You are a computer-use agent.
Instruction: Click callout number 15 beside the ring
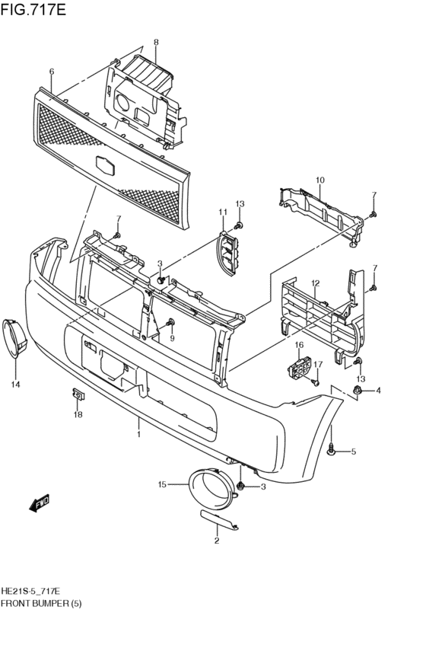162,484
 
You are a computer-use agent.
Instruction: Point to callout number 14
15,385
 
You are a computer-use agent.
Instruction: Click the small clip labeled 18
78,394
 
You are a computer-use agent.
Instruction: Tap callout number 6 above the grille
52,72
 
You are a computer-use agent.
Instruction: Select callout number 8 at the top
156,42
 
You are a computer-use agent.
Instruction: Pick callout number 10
320,180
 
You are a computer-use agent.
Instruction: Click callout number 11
223,212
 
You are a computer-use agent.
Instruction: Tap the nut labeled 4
356,389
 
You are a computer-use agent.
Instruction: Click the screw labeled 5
331,451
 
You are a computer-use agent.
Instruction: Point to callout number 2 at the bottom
217,541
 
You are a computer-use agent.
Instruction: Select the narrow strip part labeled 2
219,519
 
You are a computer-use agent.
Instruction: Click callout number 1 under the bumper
139,434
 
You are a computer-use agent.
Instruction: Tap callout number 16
299,345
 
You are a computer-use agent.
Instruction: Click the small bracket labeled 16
298,367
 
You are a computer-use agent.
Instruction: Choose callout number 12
316,283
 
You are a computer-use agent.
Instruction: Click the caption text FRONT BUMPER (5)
41,603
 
